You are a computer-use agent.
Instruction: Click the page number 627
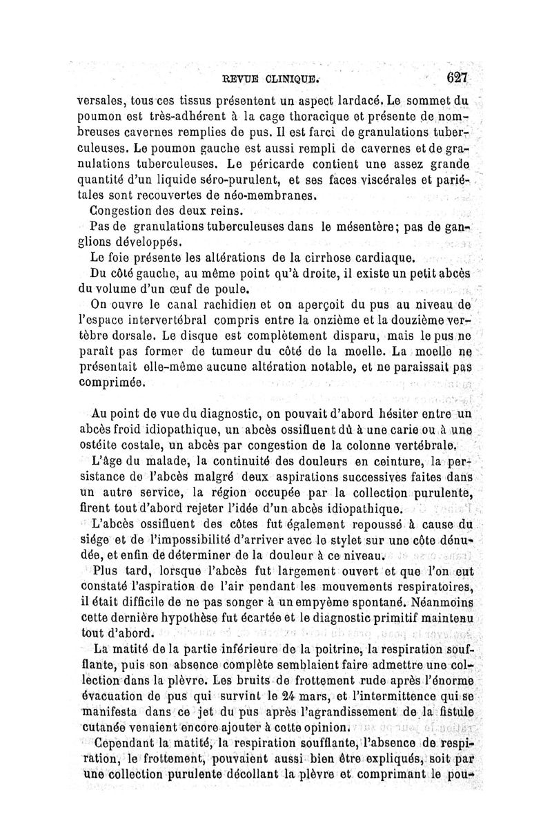pos(457,77)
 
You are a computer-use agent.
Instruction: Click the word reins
pos(228,212)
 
